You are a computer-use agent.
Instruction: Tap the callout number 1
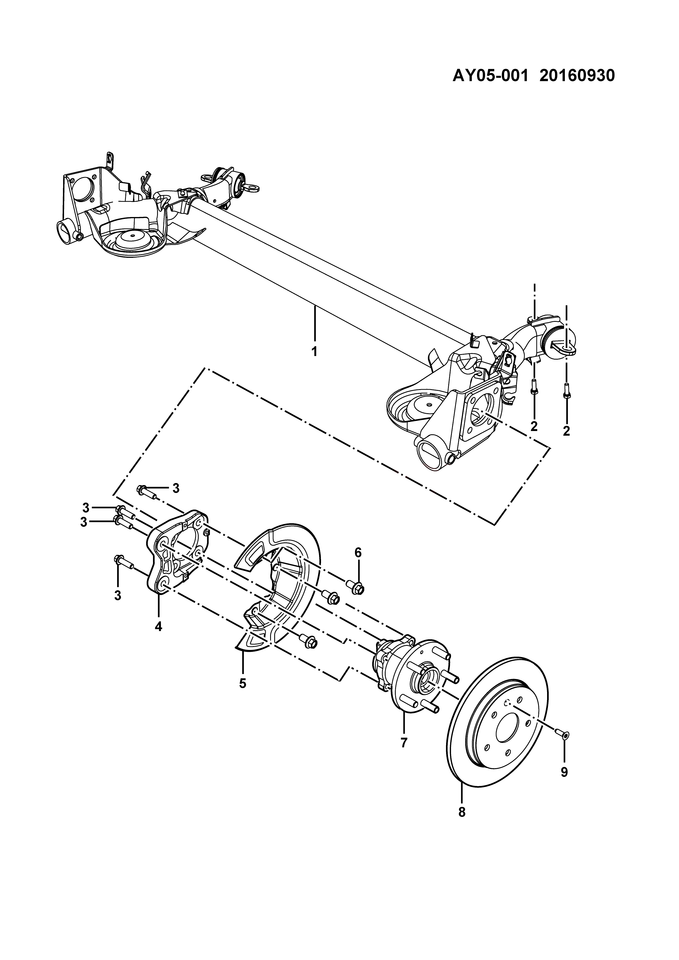[x=314, y=351]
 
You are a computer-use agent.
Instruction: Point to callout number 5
[x=242, y=683]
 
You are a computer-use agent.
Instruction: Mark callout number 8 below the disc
[x=462, y=812]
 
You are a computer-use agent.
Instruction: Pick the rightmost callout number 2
[x=567, y=431]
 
